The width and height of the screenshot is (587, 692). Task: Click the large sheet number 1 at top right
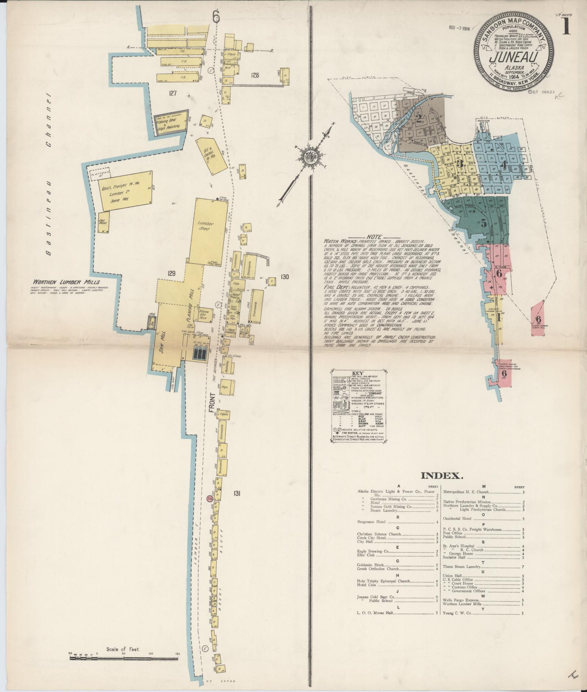[566, 26]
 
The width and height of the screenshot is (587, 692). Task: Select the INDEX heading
[442, 476]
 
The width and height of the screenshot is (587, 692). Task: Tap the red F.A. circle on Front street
[209, 498]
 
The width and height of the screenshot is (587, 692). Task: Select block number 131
[237, 493]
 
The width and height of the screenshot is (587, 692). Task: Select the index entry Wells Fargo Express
[459, 600]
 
